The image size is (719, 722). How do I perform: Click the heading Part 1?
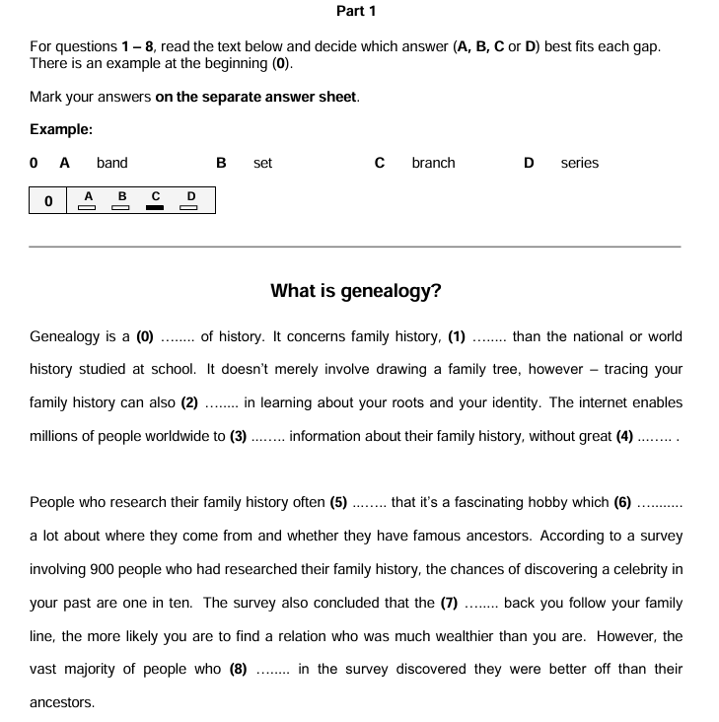pos(356,11)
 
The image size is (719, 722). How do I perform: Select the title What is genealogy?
pos(356,291)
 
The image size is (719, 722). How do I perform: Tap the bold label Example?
pos(61,129)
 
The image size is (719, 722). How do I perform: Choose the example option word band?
pos(112,163)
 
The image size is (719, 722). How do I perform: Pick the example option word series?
pos(579,163)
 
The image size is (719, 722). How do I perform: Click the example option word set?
pos(262,163)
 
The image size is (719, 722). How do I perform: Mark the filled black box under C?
pos(155,207)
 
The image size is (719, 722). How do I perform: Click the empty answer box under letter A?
pos(88,207)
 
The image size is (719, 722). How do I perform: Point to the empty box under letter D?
pos(191,207)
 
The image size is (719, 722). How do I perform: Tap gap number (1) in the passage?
pos(457,336)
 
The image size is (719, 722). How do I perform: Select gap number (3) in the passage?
pos(238,436)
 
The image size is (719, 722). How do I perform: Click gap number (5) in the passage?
pos(338,502)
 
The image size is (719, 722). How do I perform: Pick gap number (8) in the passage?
pos(239,669)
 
